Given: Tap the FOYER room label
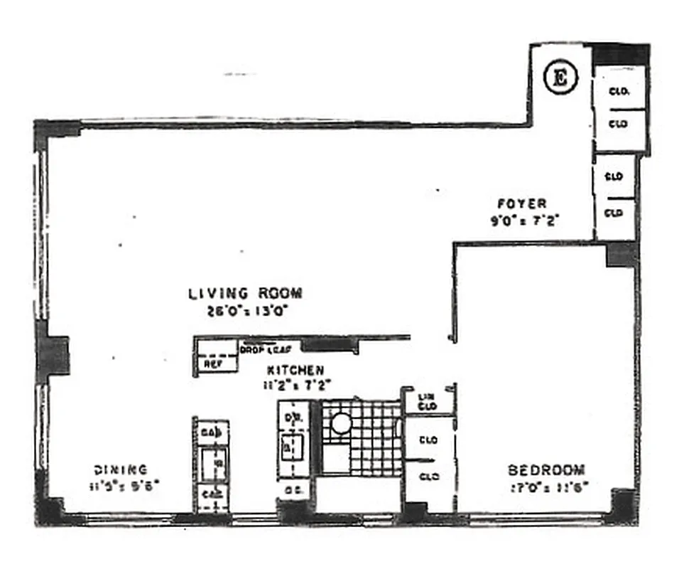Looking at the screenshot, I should [x=521, y=204].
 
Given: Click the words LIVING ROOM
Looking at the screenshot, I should [x=245, y=293].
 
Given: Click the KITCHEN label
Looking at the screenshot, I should [x=295, y=371].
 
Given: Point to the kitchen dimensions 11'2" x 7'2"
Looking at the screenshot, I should [x=295, y=386].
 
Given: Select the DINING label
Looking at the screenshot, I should [x=120, y=469].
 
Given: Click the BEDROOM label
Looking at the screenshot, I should [x=546, y=470].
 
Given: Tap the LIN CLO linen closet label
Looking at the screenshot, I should [x=426, y=401].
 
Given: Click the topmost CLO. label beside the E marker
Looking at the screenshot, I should [x=618, y=91].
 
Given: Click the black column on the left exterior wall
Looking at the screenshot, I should [x=53, y=356].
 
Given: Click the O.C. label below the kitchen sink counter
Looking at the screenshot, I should [x=292, y=491].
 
